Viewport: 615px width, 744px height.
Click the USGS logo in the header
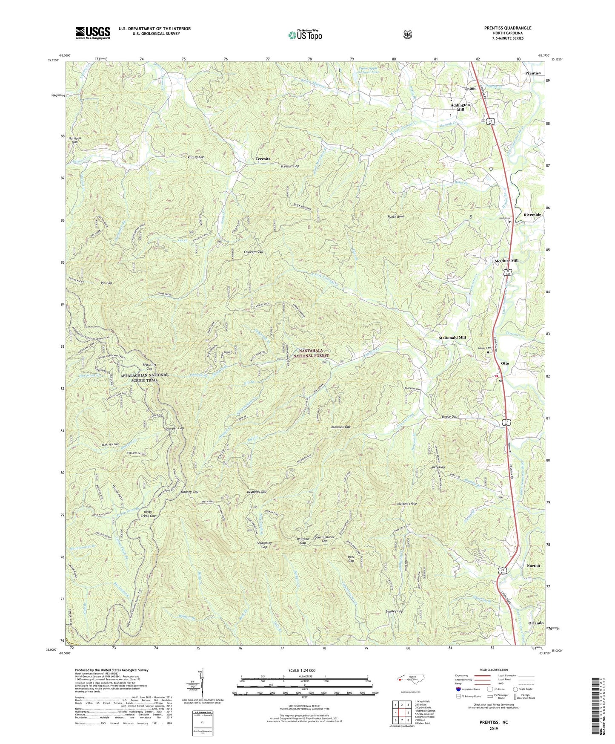(93, 32)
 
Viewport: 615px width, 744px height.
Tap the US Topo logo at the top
(304, 35)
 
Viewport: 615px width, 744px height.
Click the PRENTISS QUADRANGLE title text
(507, 28)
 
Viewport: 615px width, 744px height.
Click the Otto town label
(505, 363)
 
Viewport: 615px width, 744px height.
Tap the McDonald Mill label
(452, 337)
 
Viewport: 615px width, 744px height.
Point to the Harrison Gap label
(74, 141)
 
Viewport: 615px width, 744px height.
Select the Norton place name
(533, 565)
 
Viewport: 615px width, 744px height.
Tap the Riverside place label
(532, 215)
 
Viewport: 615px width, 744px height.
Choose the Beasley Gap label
(394, 611)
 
